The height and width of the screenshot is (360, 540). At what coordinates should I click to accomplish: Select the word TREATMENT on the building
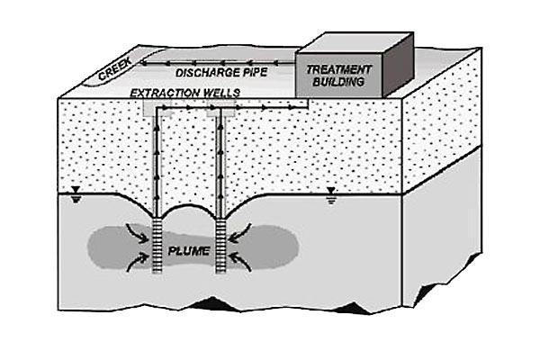point(335,69)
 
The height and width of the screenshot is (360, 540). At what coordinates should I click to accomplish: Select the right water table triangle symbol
point(332,191)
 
